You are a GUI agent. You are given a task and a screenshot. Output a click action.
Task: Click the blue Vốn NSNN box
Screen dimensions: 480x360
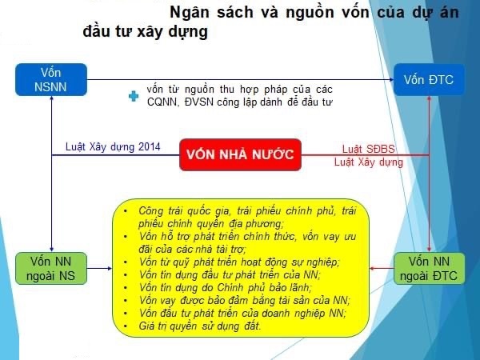(x=51, y=79)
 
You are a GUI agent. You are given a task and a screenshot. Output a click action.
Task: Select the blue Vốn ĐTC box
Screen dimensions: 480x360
(x=429, y=79)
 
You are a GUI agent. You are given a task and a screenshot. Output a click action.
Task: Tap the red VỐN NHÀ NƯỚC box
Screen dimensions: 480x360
(x=240, y=154)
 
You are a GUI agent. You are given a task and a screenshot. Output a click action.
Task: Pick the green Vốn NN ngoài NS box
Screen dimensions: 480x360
(x=51, y=269)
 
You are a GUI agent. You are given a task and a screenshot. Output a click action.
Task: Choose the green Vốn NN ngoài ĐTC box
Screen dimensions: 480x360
(x=429, y=269)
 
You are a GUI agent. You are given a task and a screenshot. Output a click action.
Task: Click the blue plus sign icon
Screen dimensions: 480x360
(x=134, y=96)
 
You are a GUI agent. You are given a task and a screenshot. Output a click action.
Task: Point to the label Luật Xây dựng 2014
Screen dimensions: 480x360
(x=113, y=147)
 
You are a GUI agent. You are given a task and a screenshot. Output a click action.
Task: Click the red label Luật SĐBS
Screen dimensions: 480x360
(x=368, y=149)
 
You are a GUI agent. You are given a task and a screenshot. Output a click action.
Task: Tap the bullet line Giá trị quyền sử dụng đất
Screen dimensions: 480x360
(x=199, y=326)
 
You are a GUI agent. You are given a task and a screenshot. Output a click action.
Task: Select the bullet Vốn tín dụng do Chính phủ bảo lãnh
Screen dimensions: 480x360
(x=225, y=287)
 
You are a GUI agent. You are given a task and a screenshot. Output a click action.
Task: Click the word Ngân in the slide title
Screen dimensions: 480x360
(x=190, y=13)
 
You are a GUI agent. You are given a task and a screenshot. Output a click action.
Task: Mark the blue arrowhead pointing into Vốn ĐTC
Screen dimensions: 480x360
(x=391, y=79)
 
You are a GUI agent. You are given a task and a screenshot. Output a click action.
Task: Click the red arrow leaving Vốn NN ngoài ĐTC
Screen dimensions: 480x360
(x=382, y=269)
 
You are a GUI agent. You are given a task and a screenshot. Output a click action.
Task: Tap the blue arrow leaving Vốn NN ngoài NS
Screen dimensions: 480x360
(x=99, y=269)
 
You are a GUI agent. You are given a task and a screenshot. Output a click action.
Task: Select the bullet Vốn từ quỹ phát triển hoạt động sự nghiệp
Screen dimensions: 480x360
(x=239, y=262)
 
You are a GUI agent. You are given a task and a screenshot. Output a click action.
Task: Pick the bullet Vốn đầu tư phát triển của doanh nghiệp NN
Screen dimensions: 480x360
(x=242, y=313)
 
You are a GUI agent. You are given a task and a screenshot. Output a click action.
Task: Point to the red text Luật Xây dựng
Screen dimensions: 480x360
(x=369, y=162)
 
